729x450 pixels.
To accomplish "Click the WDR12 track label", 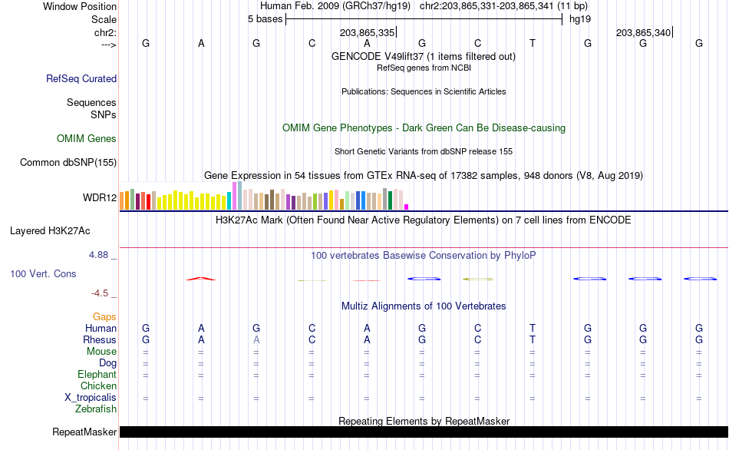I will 100,198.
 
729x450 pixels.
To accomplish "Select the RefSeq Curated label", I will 81,78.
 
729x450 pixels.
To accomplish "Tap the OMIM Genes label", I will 87,139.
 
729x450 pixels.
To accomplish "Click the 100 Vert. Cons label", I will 43,273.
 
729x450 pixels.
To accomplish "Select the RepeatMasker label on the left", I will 84,432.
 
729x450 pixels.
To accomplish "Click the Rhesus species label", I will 100,340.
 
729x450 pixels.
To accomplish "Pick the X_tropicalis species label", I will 91,398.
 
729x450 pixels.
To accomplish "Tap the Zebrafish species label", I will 96,409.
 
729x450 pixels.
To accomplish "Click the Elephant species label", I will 97,375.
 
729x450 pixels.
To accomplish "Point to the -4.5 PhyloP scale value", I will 104,293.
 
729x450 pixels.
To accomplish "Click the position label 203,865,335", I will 367,33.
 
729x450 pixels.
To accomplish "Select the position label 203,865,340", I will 643,33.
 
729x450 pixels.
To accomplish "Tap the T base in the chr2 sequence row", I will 533,44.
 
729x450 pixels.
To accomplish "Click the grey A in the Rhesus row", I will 256,340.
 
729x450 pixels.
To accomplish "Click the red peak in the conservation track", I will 201,279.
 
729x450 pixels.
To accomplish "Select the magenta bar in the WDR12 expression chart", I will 407,207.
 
